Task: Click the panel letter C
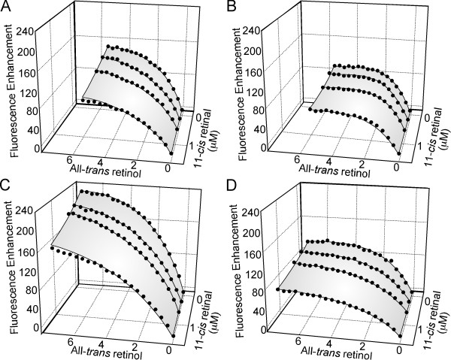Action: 7,184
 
